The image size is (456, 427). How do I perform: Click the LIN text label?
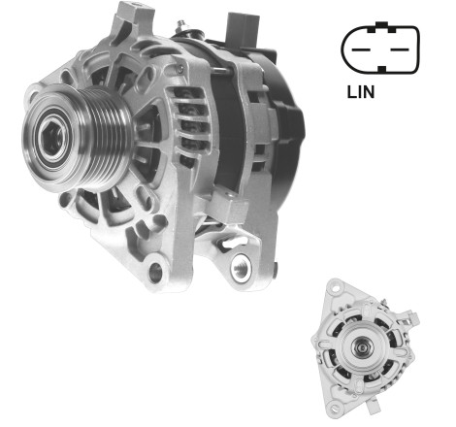point(361,92)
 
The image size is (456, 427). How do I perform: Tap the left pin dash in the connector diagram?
point(361,49)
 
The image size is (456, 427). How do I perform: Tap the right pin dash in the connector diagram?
point(400,49)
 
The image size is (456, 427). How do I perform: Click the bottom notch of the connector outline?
point(382,69)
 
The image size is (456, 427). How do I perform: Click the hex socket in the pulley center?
point(52,138)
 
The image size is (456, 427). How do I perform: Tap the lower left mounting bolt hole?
point(155,272)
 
